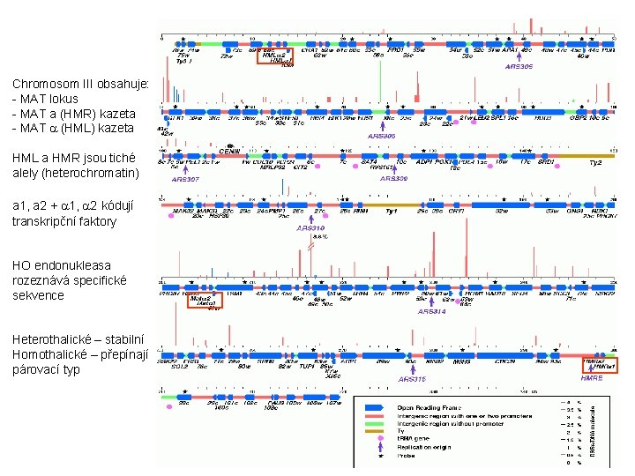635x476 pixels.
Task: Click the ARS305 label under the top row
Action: [519, 66]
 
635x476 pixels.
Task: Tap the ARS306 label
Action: [381, 136]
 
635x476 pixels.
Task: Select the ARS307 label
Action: [185, 179]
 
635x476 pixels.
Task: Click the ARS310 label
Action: [311, 228]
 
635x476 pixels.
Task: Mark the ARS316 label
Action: [412, 379]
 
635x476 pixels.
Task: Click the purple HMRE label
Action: [592, 376]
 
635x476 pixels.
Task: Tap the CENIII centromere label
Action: [229, 152]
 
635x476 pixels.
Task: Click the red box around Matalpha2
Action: [205, 300]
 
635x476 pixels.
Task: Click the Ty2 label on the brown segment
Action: [594, 163]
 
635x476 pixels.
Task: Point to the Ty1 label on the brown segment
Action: [392, 212]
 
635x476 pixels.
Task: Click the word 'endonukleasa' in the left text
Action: [75, 265]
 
